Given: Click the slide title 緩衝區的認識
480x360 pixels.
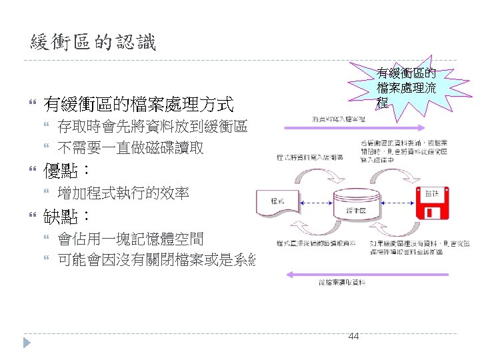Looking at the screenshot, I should [93, 43].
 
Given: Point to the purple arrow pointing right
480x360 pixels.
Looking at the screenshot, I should [353, 127].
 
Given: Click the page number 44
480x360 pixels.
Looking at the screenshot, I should [353, 336].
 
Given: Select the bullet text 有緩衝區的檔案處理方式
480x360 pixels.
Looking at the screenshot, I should [138, 104].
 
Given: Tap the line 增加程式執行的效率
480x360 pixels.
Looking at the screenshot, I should [123, 193].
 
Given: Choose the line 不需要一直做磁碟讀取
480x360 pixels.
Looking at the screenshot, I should [131, 148].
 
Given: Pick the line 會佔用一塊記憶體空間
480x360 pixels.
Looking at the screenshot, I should [131, 239].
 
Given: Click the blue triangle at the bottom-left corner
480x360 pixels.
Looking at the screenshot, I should [27, 343].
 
